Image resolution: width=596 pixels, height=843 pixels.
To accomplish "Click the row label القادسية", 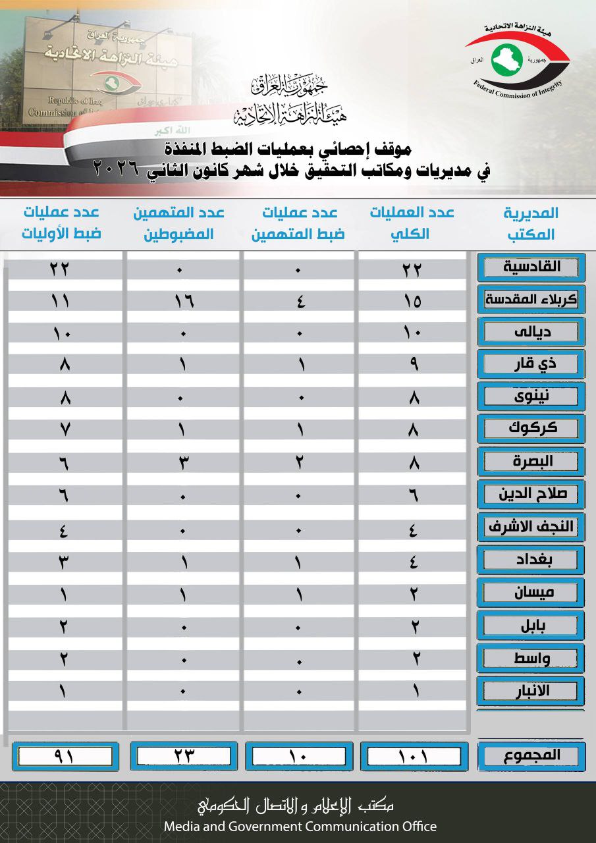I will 531,267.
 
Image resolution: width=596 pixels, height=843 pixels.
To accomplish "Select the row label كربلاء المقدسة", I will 531,300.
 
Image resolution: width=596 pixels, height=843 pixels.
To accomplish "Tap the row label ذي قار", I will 531,364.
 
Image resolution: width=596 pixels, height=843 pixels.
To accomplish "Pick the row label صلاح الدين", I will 531,494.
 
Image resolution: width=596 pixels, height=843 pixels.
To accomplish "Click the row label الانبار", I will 531,690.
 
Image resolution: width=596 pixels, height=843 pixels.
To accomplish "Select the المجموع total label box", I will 531,755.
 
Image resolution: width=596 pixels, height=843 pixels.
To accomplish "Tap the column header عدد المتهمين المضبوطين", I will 178,223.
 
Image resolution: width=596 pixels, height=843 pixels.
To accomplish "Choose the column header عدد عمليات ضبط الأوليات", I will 62,223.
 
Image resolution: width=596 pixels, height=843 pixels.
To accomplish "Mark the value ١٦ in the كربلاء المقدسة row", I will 182,301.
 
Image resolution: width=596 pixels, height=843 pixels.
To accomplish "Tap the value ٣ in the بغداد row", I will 65,561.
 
